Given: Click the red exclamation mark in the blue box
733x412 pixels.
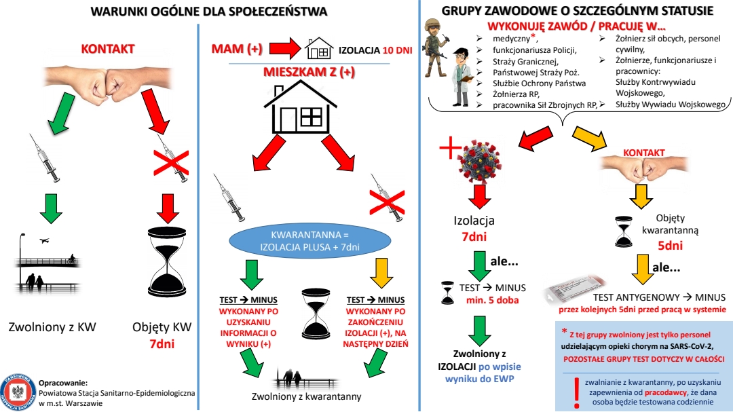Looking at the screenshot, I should (576, 390).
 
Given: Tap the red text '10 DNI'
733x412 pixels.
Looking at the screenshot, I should (396, 50).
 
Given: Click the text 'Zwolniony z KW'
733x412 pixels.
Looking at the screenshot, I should (52, 327).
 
